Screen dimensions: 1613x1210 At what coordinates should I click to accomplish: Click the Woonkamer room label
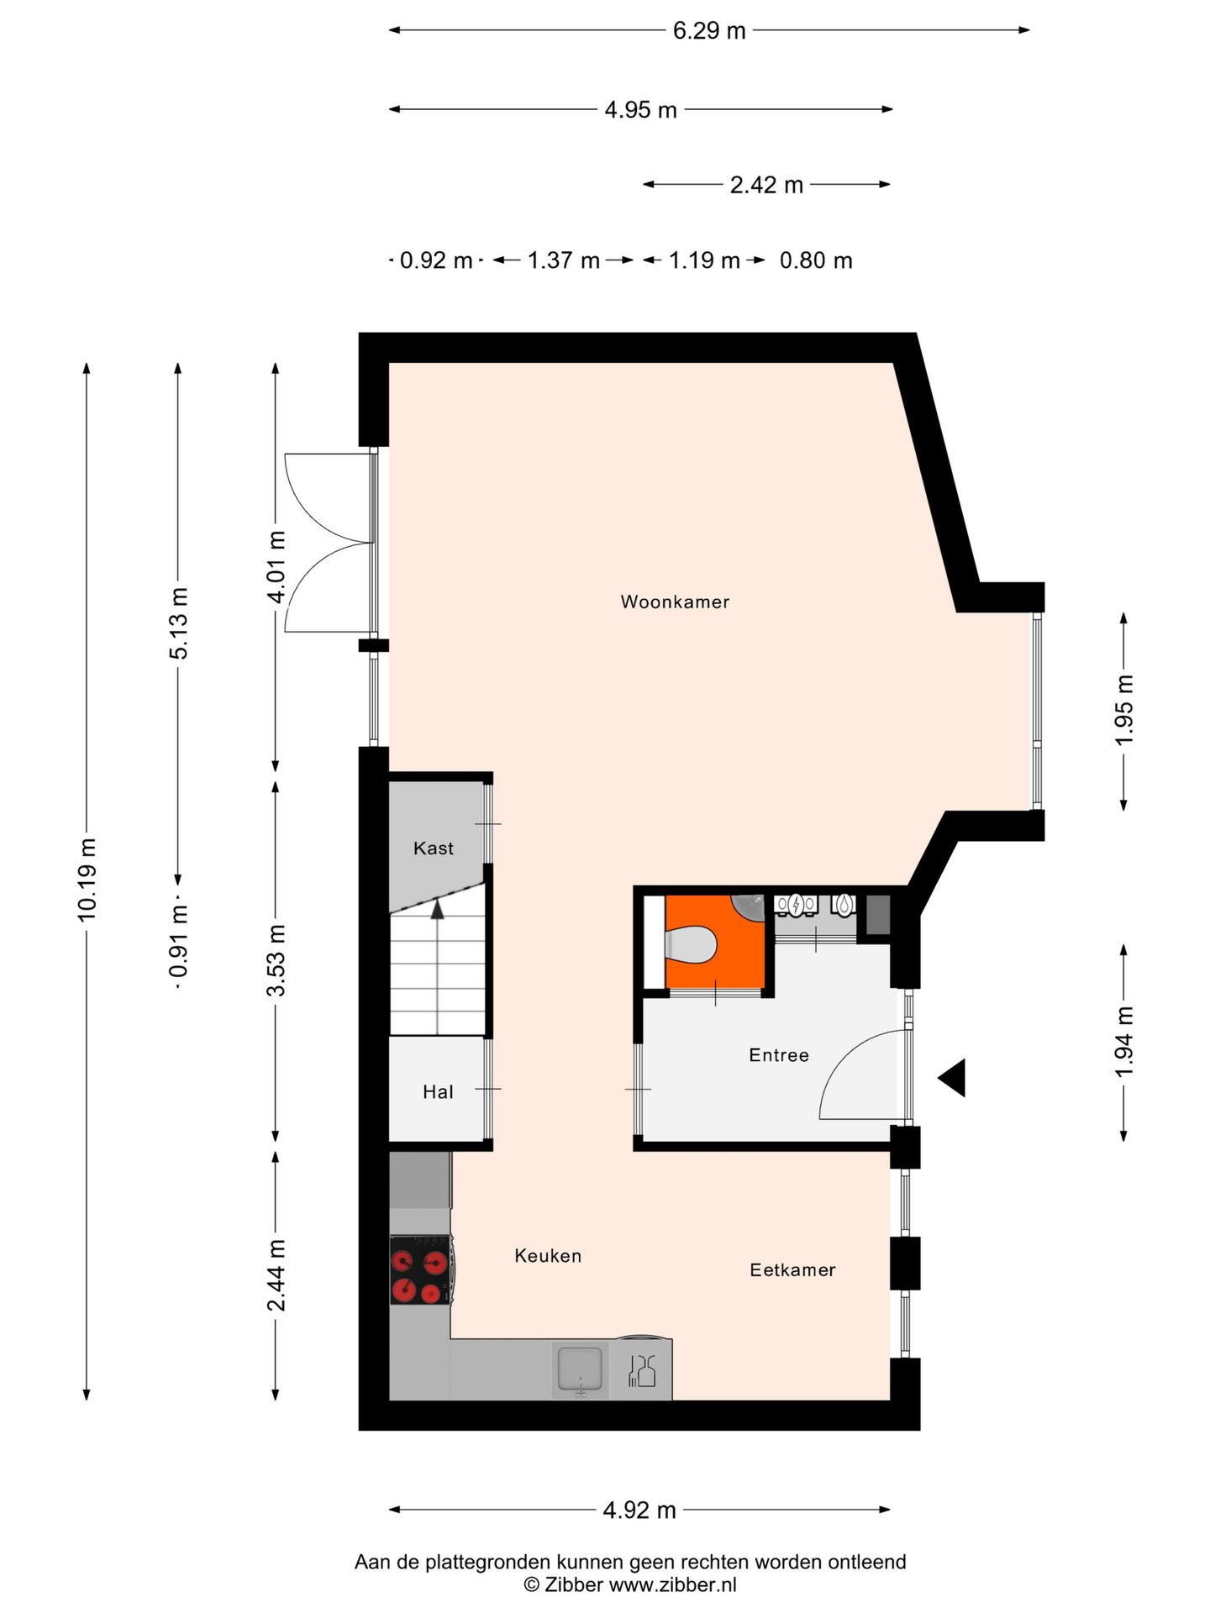[675, 602]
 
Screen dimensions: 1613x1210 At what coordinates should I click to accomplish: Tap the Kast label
[433, 849]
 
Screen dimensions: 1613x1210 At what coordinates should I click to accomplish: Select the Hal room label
[438, 1092]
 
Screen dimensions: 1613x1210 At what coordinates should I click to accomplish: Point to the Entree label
[779, 1055]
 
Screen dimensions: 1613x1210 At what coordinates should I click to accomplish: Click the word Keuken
[548, 1256]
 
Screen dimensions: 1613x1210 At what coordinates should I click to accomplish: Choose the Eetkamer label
[792, 1270]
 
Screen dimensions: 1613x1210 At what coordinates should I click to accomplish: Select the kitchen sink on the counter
[580, 1370]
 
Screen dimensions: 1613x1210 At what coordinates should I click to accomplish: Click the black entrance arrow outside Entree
[954, 1078]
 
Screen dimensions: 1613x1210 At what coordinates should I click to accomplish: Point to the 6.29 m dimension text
[709, 31]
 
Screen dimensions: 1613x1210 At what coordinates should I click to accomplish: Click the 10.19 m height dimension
[87, 880]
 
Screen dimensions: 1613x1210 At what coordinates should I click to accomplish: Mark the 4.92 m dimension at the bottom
[639, 1511]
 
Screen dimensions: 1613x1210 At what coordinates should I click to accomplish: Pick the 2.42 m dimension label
[766, 185]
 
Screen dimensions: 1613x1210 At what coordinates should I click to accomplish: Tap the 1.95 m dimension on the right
[1124, 710]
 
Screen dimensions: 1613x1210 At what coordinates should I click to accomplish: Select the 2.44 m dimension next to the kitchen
[276, 1274]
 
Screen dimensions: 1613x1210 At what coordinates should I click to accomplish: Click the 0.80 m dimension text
[816, 260]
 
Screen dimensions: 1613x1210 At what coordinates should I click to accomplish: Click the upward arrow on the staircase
[437, 910]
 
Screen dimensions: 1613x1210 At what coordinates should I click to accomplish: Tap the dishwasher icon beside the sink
[643, 1372]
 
